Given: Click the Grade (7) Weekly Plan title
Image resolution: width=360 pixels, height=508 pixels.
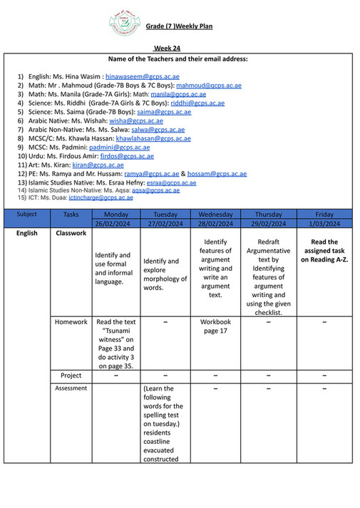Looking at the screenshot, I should click(x=179, y=27).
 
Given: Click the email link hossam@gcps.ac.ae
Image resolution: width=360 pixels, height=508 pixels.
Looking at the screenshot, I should click(x=217, y=174).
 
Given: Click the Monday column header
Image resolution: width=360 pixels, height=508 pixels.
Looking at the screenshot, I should click(x=116, y=214).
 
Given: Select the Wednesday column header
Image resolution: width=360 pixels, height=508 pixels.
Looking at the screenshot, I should click(x=215, y=214).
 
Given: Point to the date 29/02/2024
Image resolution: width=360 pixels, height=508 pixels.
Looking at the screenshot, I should click(x=268, y=224).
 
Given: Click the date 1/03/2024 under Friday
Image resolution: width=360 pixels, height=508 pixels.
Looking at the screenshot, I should click(x=324, y=224).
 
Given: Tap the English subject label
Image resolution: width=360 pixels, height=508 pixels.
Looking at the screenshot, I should click(x=27, y=233).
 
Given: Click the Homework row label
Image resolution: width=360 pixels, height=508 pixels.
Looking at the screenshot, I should click(x=71, y=322).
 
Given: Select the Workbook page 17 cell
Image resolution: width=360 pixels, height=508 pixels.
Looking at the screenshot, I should click(x=215, y=327).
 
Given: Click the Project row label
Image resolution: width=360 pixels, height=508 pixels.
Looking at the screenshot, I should click(x=71, y=375).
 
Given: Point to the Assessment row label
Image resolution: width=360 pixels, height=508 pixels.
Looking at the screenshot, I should click(x=71, y=388).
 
